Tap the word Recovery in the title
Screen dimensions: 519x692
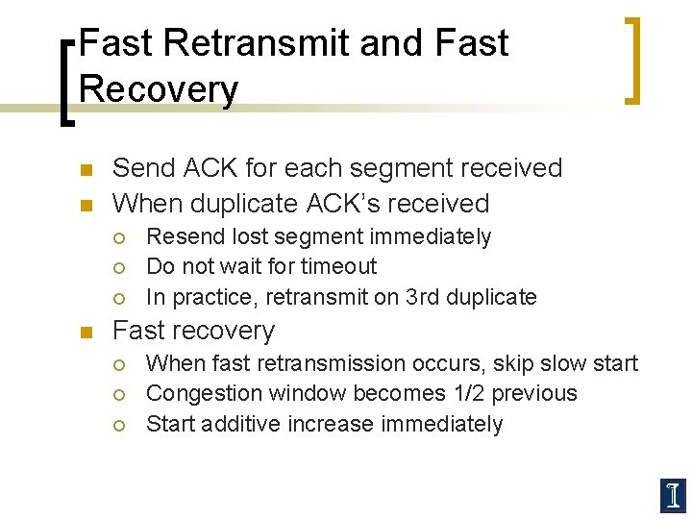pyautogui.click(x=159, y=88)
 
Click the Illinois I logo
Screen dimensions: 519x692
pyautogui.click(x=672, y=494)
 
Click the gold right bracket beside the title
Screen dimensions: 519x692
pyautogui.click(x=634, y=60)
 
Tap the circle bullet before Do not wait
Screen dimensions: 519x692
pyautogui.click(x=119, y=267)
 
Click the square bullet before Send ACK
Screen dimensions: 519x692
pyautogui.click(x=85, y=170)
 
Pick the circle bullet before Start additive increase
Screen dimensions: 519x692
pyautogui.click(x=119, y=425)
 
